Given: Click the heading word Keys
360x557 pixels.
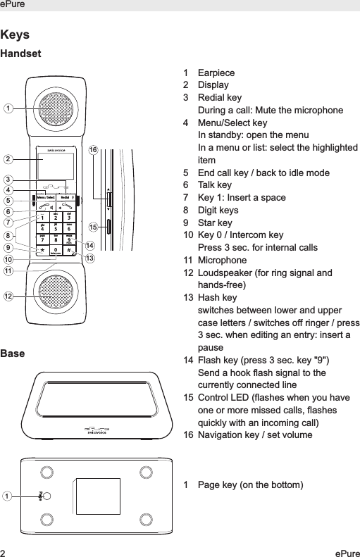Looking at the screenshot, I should [x=15, y=35].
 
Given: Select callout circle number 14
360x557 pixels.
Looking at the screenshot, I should [x=89, y=244].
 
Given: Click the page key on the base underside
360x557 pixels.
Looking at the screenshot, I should [x=41, y=496].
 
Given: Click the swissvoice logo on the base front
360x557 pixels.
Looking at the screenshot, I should [x=99, y=430].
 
